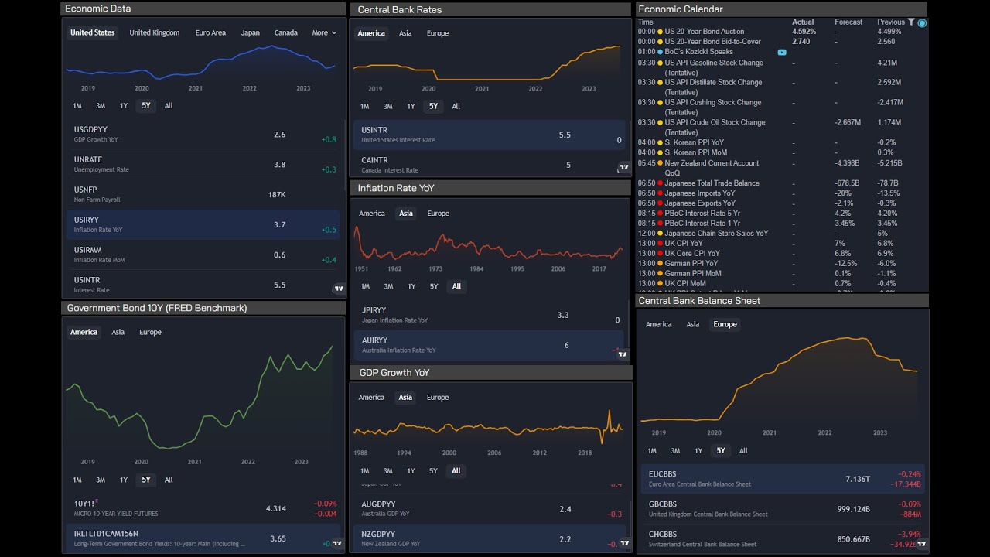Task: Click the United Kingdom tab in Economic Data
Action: tap(154, 32)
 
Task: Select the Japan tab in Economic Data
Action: tap(250, 32)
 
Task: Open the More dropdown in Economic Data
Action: tap(324, 32)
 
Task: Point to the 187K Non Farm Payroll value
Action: tap(277, 195)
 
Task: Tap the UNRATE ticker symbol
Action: tap(88, 159)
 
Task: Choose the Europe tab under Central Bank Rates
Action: tap(438, 33)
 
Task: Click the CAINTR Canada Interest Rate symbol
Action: tap(374, 160)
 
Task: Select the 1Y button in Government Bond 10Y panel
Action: tap(124, 480)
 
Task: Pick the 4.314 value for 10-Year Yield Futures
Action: tap(276, 508)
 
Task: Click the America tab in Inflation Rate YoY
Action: tap(372, 214)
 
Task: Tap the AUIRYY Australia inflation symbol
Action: tap(375, 340)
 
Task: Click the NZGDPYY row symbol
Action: tap(378, 534)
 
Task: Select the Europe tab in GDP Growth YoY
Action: tap(438, 398)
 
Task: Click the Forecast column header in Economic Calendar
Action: tap(848, 22)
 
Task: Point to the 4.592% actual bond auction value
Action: tap(804, 32)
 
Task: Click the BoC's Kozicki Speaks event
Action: tap(698, 52)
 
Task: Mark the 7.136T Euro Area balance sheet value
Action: tap(858, 479)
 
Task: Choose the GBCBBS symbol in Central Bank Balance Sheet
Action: tap(663, 504)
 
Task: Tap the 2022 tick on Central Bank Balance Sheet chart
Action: tap(825, 433)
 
